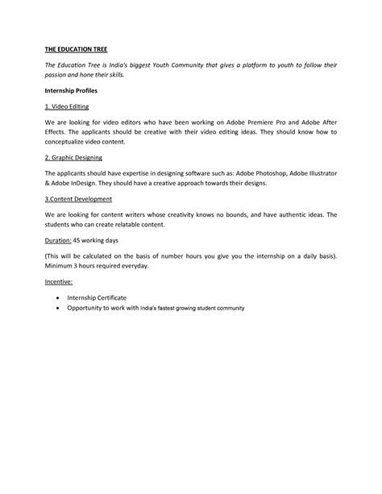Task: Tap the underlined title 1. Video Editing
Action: coord(67,106)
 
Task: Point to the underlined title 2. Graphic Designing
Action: coord(73,157)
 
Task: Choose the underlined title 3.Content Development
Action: coord(78,198)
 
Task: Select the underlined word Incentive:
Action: coord(58,282)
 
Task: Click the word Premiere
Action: coord(254,122)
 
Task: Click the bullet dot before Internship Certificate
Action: coord(57,298)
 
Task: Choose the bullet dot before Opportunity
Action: coord(57,308)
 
